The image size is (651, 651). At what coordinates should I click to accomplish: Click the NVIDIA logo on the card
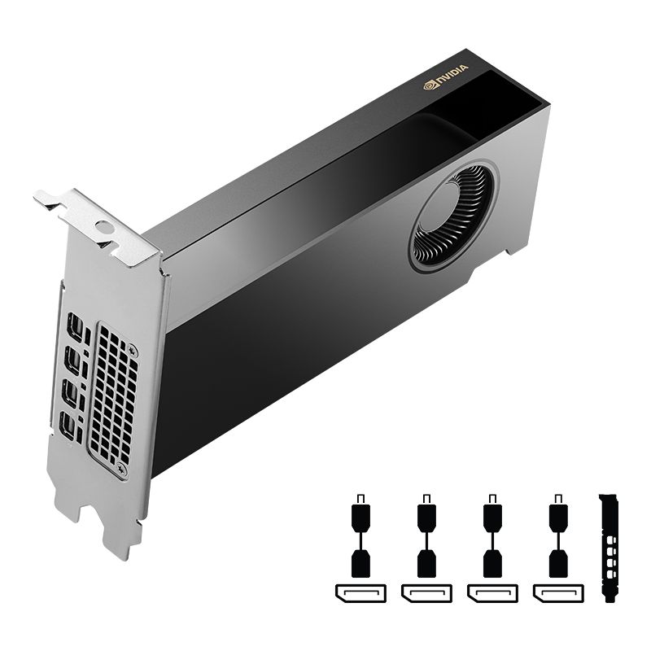click(446, 76)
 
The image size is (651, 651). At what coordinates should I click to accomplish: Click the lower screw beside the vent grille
click(121, 470)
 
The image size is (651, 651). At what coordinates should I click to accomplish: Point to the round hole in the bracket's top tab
click(103, 228)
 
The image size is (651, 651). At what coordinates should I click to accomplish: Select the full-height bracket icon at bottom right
click(608, 547)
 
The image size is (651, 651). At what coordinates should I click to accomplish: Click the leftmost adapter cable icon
click(360, 537)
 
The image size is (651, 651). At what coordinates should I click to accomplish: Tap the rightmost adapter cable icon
click(557, 537)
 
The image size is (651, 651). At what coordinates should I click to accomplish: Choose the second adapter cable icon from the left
click(426, 537)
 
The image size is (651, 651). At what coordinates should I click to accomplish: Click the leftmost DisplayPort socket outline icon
click(360, 593)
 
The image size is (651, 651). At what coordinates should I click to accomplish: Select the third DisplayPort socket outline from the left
click(492, 593)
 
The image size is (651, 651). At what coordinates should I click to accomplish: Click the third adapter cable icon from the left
click(492, 537)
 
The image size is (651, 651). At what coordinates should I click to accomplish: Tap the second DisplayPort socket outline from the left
click(426, 593)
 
